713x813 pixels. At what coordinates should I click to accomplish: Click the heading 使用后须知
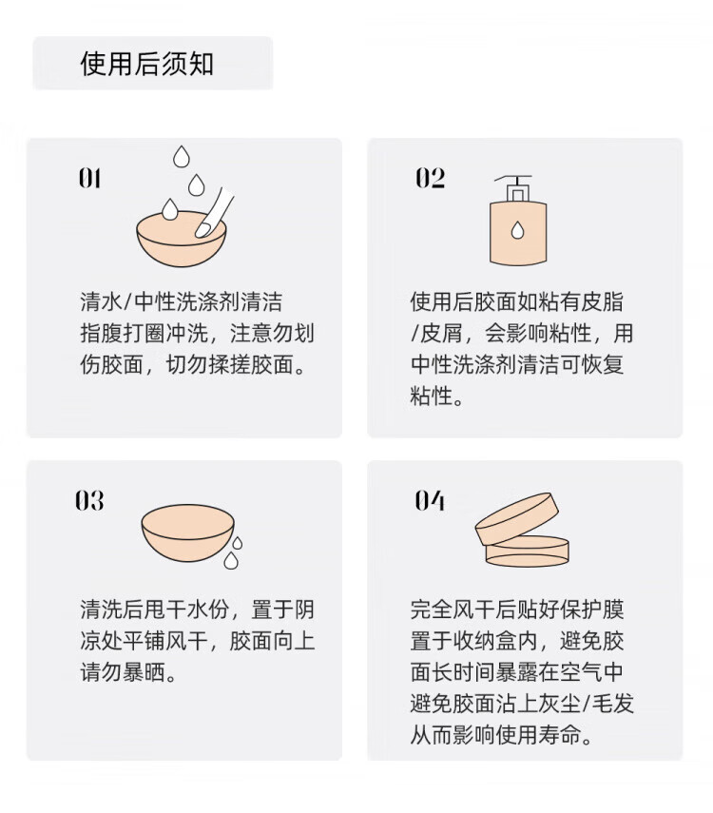pyautogui.click(x=146, y=65)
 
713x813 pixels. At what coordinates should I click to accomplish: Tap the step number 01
pyautogui.click(x=89, y=179)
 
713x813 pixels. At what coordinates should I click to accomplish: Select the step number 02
pyautogui.click(x=430, y=178)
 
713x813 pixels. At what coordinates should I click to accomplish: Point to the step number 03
pyautogui.click(x=89, y=501)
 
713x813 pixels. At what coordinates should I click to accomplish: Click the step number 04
pyautogui.click(x=430, y=501)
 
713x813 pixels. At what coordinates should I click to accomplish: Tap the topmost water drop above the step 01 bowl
pyautogui.click(x=181, y=157)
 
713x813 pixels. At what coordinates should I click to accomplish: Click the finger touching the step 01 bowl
pyautogui.click(x=214, y=213)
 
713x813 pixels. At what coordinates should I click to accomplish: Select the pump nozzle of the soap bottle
pyautogui.click(x=513, y=188)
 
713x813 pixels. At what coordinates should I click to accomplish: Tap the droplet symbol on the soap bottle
pyautogui.click(x=517, y=230)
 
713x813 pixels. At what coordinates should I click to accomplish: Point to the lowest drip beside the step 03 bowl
pyautogui.click(x=231, y=560)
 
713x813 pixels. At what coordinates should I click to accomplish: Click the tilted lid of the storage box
pyautogui.click(x=517, y=518)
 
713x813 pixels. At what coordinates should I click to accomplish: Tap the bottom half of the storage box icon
pyautogui.click(x=527, y=552)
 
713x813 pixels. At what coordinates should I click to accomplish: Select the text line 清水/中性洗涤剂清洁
pyautogui.click(x=182, y=301)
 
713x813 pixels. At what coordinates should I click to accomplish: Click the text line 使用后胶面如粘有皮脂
pyautogui.click(x=517, y=301)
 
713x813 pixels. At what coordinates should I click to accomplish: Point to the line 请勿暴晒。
pyautogui.click(x=128, y=672)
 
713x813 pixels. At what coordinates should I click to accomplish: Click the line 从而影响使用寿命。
pyautogui.click(x=501, y=735)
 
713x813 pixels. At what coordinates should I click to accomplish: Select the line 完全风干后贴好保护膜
pyautogui.click(x=517, y=610)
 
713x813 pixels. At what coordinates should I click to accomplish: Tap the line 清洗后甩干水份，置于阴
pyautogui.click(x=198, y=610)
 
